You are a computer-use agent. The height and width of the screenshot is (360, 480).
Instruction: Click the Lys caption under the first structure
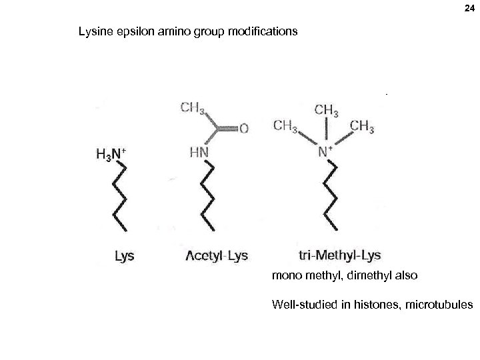125,255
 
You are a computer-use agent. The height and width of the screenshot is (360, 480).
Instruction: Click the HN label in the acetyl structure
198,153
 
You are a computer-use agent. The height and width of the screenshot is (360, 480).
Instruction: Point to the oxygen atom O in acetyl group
243,129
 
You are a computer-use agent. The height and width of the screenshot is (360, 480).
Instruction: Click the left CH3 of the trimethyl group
285,125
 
